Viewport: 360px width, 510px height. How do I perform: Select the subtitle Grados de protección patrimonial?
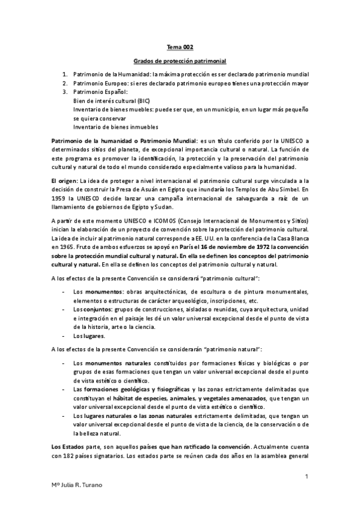pyautogui.click(x=180, y=61)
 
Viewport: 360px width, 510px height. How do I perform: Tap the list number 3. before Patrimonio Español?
pyautogui.click(x=65, y=91)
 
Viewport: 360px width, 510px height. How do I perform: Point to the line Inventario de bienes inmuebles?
pyautogui.click(x=115, y=127)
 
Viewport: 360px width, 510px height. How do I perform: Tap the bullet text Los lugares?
pyautogui.click(x=89, y=335)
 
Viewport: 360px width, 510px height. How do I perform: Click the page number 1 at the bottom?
pyautogui.click(x=307, y=477)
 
